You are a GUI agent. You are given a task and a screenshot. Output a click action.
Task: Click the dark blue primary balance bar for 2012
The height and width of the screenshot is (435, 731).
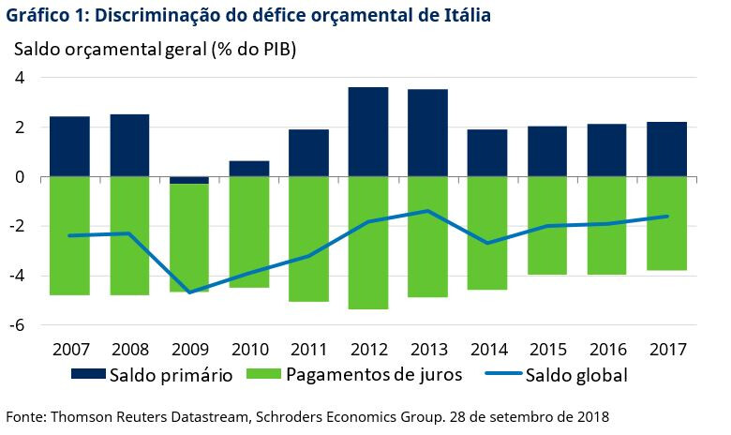pyautogui.click(x=368, y=131)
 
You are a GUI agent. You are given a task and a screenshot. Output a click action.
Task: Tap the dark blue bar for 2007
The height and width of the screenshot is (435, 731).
pyautogui.click(x=69, y=146)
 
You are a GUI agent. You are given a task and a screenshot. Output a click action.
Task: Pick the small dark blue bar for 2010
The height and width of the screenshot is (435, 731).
pyautogui.click(x=249, y=169)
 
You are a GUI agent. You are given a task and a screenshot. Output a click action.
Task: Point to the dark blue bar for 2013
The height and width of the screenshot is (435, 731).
pyautogui.click(x=427, y=132)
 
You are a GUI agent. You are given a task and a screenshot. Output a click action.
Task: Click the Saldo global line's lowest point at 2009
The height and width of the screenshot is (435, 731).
pyautogui.click(x=189, y=292)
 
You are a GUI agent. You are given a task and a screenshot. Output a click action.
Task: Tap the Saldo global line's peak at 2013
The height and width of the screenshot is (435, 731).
pyautogui.click(x=427, y=211)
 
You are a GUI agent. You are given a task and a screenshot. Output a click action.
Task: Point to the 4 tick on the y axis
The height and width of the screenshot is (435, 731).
pyautogui.click(x=20, y=78)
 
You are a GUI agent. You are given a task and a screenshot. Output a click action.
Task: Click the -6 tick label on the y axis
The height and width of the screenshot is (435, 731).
pyautogui.click(x=16, y=324)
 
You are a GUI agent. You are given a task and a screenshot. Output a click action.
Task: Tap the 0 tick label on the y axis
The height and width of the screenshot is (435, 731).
pyautogui.click(x=20, y=176)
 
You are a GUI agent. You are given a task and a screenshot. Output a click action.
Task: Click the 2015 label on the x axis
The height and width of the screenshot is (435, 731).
pyautogui.click(x=547, y=350)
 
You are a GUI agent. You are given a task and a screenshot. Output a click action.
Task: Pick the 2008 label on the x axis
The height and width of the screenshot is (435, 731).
pyautogui.click(x=129, y=350)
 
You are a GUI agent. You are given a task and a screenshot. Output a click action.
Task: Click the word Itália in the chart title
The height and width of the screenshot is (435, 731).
pyautogui.click(x=465, y=16)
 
